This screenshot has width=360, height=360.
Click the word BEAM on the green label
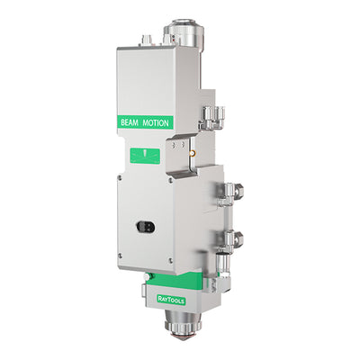pyautogui.click(x=130, y=122)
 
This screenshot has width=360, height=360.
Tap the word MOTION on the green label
pyautogui.click(x=156, y=123)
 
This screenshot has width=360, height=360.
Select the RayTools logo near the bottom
pyautogui.click(x=171, y=300)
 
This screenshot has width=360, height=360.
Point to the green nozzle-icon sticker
pyautogui.click(x=145, y=157)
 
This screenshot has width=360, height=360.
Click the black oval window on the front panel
pyautogui.click(x=146, y=226)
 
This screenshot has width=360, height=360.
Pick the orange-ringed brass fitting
pyautogui.click(x=192, y=154)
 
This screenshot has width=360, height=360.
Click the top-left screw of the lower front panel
pyautogui.click(x=120, y=178)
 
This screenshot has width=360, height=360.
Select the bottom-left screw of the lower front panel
pyautogui.click(x=120, y=256)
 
